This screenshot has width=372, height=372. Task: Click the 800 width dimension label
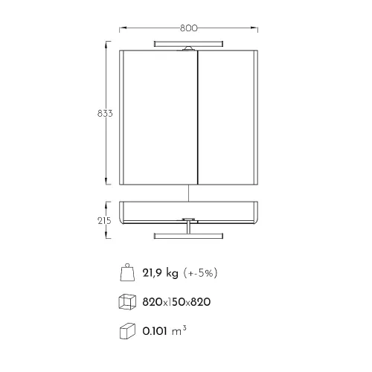[x=189, y=28]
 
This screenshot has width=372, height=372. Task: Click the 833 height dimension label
[x=105, y=113]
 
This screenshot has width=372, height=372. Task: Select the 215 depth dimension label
[x=104, y=220]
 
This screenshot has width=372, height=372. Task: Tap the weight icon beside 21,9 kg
[x=127, y=272]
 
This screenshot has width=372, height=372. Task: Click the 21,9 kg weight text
[x=160, y=273]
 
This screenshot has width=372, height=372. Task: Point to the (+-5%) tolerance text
[x=200, y=273]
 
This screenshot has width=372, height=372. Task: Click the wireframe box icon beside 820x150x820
[x=127, y=301]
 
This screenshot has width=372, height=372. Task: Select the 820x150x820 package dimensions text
[x=176, y=302]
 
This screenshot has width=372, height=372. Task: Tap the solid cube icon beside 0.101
[x=127, y=331]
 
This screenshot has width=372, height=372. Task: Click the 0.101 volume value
[x=155, y=331]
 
